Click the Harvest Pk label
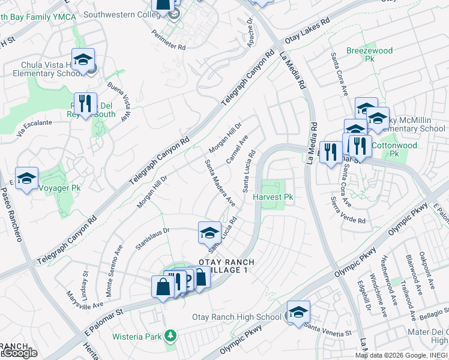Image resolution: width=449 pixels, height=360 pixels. (x=273, y=197)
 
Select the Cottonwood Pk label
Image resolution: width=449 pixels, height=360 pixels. (x=394, y=145)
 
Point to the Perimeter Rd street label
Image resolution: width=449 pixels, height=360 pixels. (x=169, y=40)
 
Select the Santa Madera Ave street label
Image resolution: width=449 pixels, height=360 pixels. (x=219, y=183)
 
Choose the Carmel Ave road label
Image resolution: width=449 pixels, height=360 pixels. (x=237, y=148)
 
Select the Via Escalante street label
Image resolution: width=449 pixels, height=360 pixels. (x=35, y=127)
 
